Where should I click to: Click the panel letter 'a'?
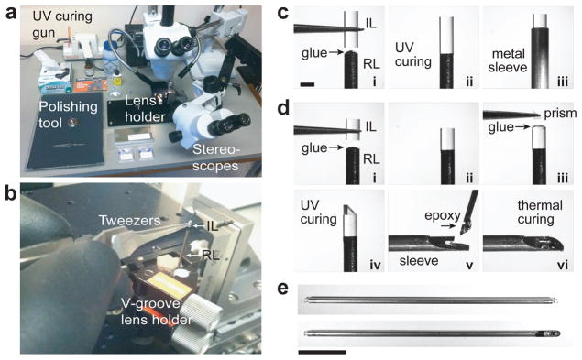point(11,14)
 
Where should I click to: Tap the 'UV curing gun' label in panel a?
point(62,25)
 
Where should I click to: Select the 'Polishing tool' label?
point(68,115)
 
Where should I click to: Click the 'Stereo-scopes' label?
point(215,158)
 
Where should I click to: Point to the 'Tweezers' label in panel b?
point(129,221)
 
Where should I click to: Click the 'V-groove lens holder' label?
point(156,311)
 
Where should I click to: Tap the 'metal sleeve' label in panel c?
point(508,60)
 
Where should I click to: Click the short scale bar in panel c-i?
point(307,84)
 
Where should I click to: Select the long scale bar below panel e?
point(322,352)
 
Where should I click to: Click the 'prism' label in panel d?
point(561,114)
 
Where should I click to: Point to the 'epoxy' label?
point(443,215)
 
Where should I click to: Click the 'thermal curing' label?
point(540,212)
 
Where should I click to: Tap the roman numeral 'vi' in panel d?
point(563,265)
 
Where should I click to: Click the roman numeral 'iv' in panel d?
point(375,265)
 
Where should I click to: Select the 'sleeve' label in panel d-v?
point(419,261)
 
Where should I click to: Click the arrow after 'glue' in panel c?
point(336,53)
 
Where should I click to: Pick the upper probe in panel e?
point(431,300)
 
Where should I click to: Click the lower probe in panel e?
point(432,333)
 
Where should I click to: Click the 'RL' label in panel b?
point(211,256)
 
